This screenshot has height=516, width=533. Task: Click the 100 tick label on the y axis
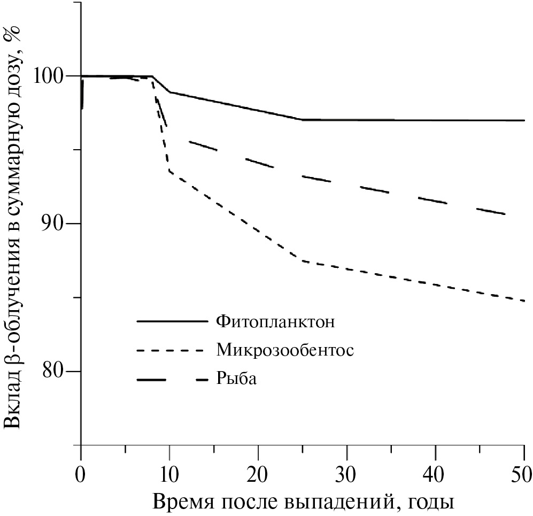point(51,76)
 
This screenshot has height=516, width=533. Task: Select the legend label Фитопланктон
point(276,322)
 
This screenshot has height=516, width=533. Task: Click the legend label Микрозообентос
point(285,350)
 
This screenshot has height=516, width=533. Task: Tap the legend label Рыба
point(237,379)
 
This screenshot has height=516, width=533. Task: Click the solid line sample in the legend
point(172,322)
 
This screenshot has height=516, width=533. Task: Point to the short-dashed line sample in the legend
point(172,351)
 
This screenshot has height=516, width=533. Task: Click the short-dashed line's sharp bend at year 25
point(303,260)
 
